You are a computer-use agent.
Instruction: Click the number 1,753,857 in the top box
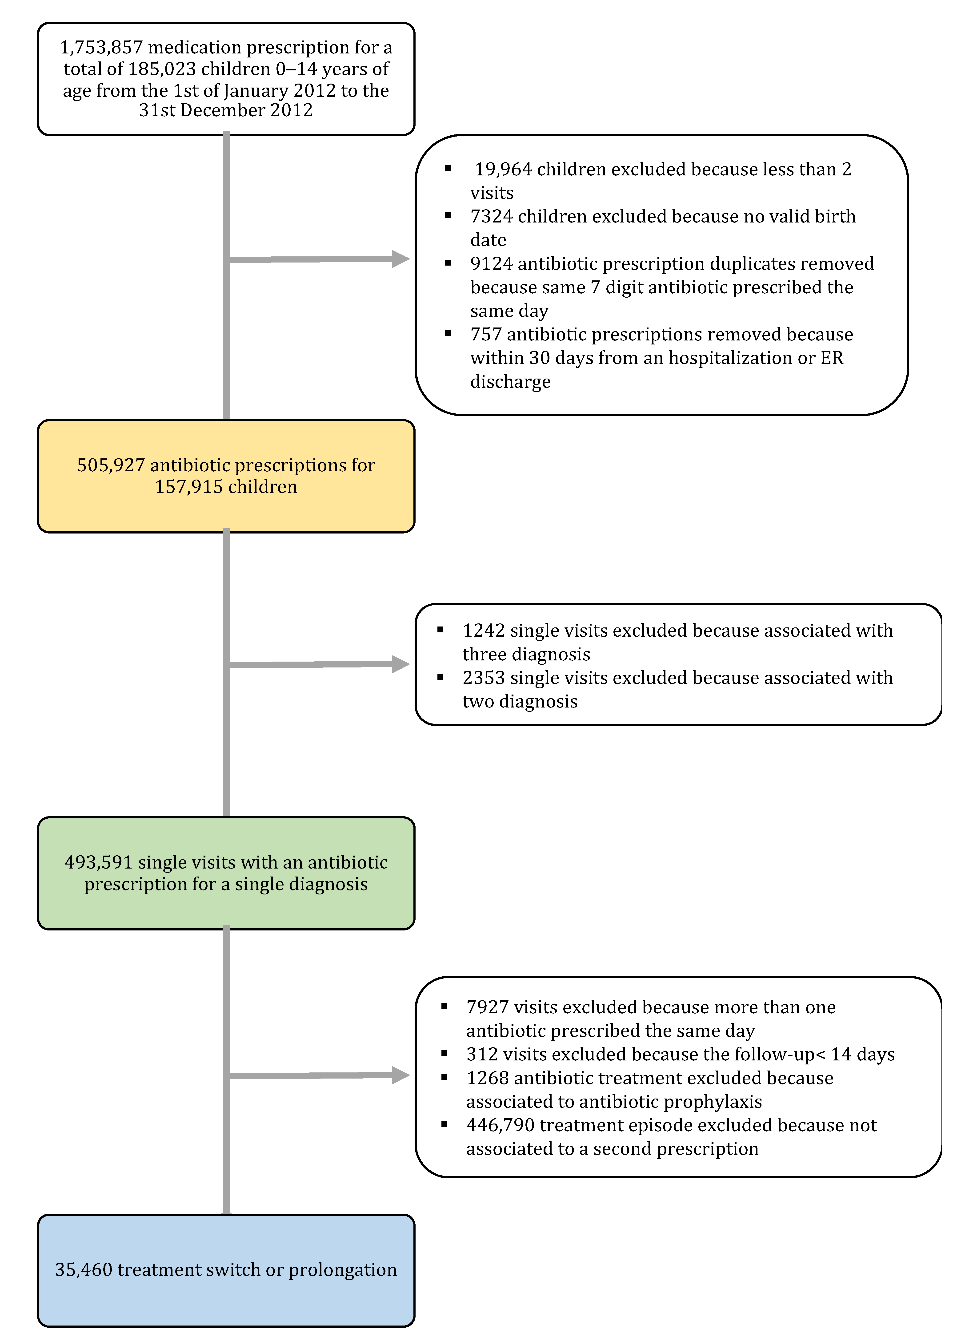click(x=101, y=47)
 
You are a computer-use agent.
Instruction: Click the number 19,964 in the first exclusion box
click(x=504, y=169)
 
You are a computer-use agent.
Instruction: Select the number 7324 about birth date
click(x=492, y=216)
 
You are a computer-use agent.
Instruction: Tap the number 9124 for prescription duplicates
click(x=492, y=264)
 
